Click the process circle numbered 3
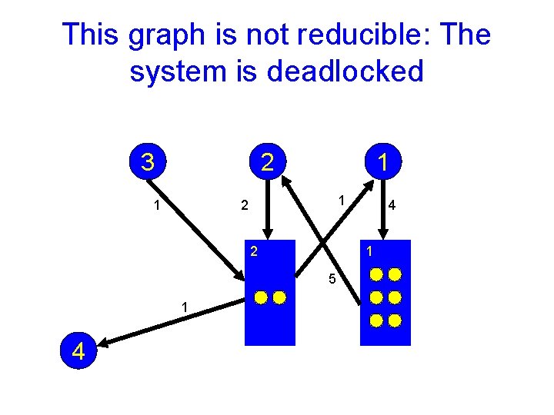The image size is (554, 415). [x=147, y=162]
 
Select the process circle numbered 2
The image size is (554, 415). [x=266, y=162]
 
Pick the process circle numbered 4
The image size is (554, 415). [x=78, y=352]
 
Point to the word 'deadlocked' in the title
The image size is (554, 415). [x=345, y=71]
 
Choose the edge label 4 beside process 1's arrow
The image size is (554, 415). [x=392, y=206]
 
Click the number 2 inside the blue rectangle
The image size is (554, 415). [x=253, y=251]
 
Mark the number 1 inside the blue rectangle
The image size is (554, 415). [x=370, y=251]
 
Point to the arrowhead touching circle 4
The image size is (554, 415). [x=105, y=344]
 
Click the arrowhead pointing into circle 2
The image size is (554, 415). [x=285, y=181]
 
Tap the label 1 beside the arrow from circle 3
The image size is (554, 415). [x=157, y=206]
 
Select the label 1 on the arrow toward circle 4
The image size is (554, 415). [x=185, y=307]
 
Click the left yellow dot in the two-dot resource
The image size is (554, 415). [x=261, y=297]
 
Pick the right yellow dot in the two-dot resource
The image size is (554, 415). [x=279, y=297]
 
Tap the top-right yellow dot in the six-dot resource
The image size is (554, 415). [x=395, y=274]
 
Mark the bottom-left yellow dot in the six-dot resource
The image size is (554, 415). [x=376, y=319]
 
